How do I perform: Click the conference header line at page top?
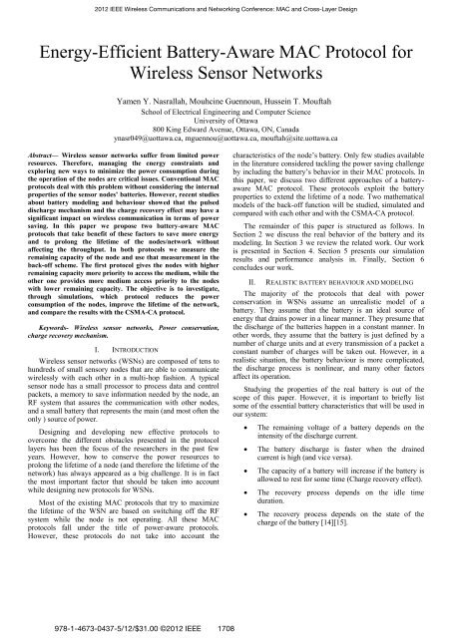point(226,8)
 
